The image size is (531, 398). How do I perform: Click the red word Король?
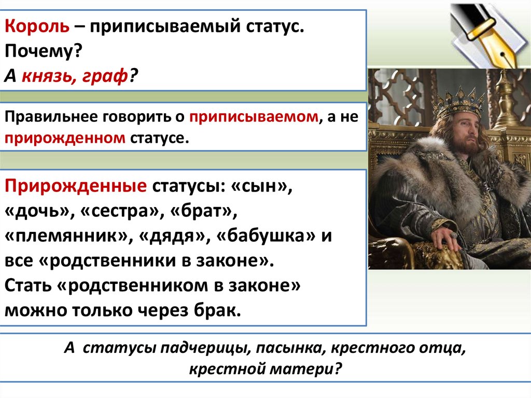pos(37,26)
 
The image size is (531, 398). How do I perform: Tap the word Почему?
pos(44,51)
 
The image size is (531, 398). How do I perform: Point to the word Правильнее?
pos(51,117)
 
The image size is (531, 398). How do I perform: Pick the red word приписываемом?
pos(254,117)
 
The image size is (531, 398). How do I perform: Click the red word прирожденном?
pos(65,139)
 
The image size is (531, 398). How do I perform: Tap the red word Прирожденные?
pos(76,186)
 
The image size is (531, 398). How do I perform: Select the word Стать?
pos(29,286)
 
